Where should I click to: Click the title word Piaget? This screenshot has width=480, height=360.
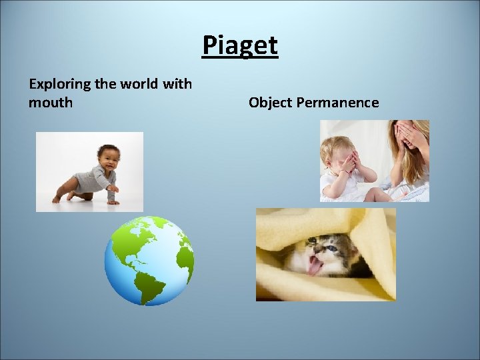tap(240, 46)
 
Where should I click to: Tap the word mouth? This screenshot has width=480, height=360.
tap(51, 103)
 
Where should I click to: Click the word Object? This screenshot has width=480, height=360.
tap(271, 103)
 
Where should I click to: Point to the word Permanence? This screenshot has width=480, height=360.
tap(338, 103)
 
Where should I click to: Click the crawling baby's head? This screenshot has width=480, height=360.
tap(109, 157)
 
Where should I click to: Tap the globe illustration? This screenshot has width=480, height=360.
tap(149, 261)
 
